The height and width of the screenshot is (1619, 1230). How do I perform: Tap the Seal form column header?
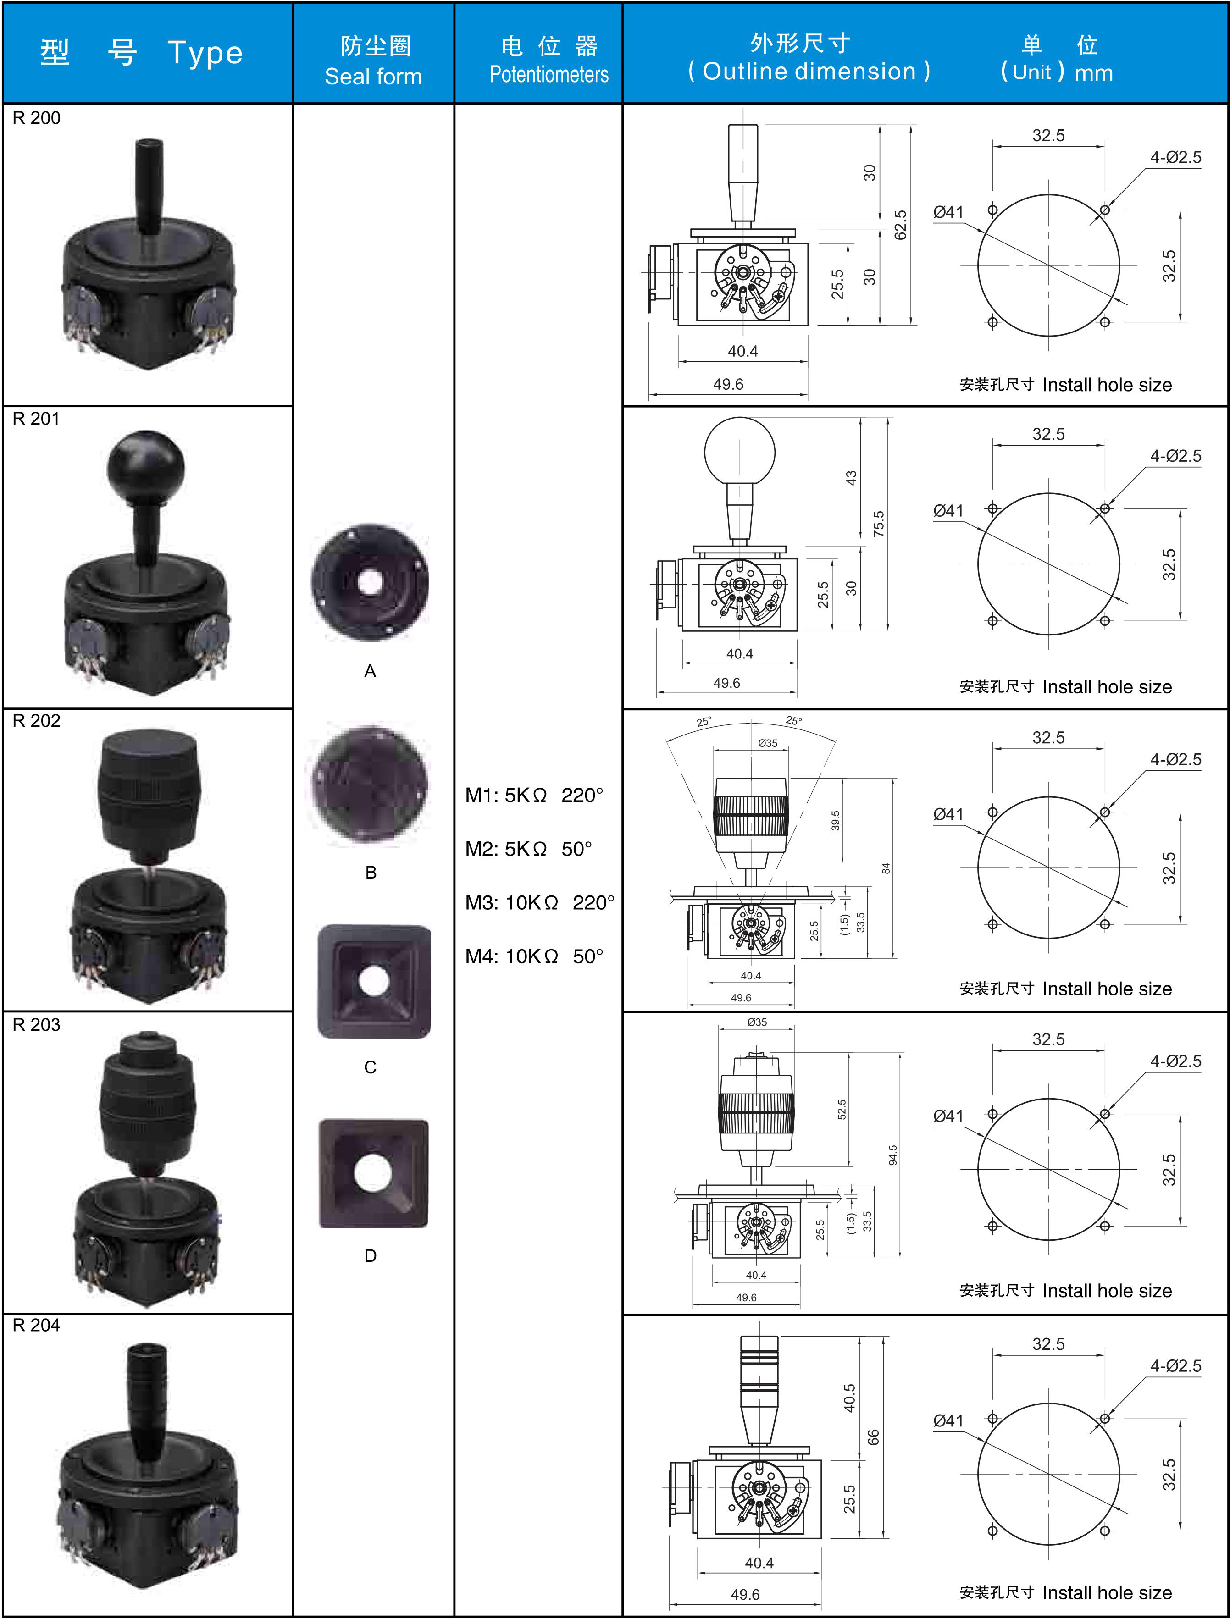coord(373,76)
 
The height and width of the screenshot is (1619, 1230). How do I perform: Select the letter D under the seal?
coord(371,1256)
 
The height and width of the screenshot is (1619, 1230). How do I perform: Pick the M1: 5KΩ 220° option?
coord(534,795)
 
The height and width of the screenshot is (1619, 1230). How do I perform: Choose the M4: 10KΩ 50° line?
coord(534,956)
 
